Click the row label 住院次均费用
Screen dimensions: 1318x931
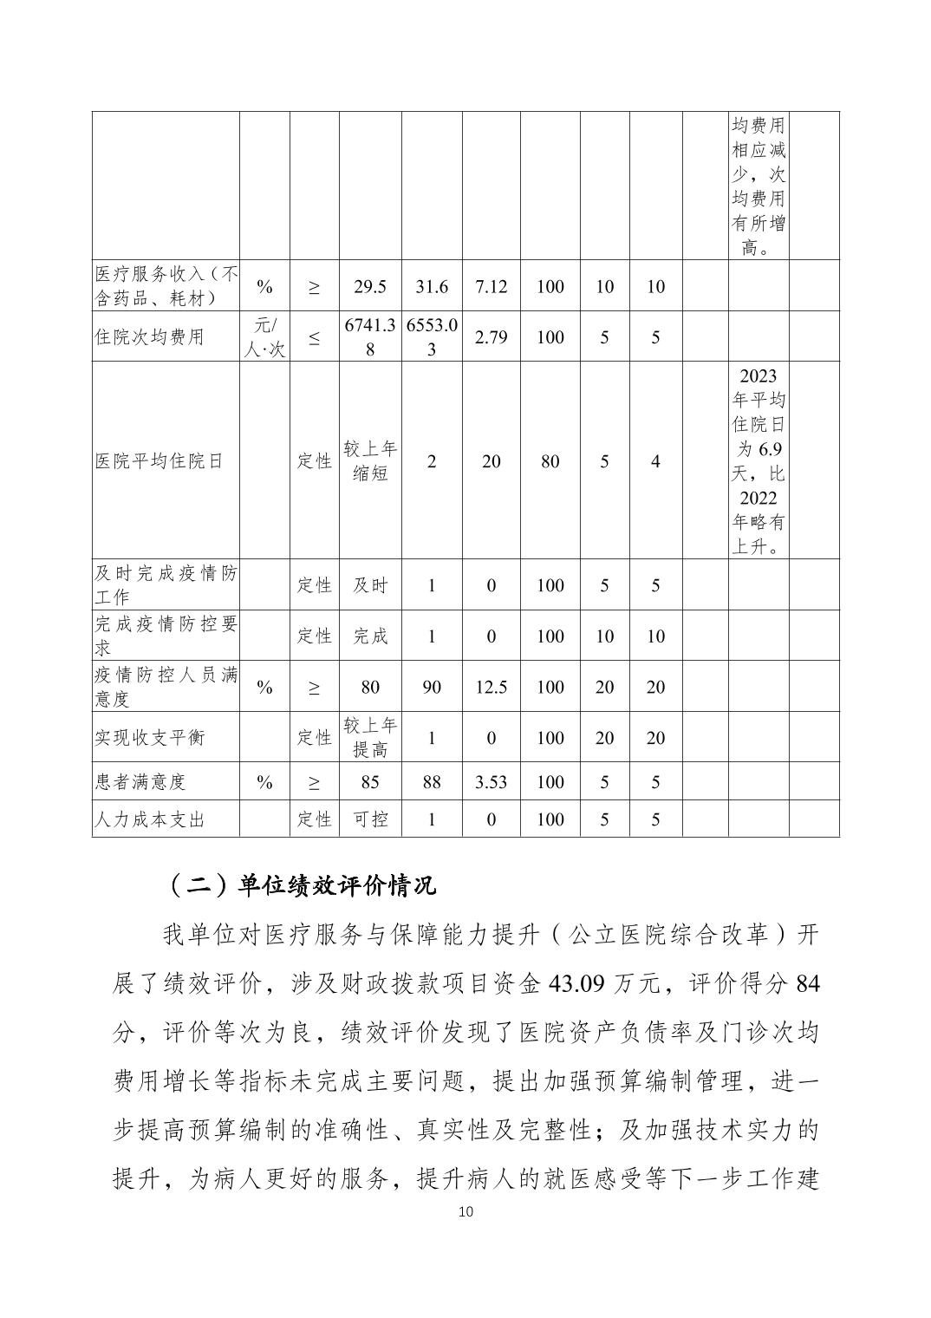(149, 336)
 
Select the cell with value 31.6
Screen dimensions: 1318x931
(431, 286)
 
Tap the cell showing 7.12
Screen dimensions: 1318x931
(491, 286)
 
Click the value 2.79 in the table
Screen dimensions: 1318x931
(491, 336)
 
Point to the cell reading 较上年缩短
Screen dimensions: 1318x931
(370, 460)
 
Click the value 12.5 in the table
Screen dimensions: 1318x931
(491, 687)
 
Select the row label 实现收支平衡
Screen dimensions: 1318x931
(149, 737)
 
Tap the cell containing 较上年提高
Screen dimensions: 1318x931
(370, 737)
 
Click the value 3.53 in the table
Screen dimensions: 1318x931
(491, 781)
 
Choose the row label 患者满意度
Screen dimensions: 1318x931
(140, 781)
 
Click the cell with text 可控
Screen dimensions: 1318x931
(370, 819)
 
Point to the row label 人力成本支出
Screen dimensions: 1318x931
(149, 819)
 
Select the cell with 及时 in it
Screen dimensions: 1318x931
(370, 585)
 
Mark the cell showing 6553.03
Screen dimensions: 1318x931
(431, 336)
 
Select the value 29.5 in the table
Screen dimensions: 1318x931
(370, 286)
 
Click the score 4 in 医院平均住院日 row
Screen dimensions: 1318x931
(655, 460)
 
